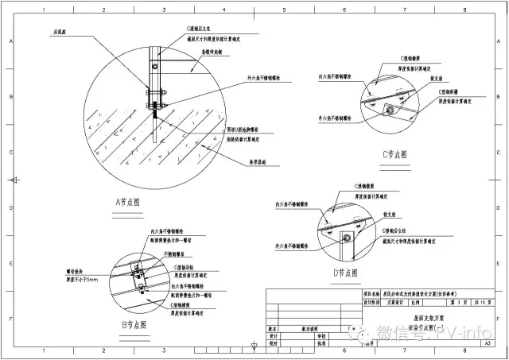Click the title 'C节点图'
click(393, 154)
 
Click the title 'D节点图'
click(348, 272)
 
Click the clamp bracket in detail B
click(138, 270)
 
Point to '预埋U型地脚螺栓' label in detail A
click(243, 129)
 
